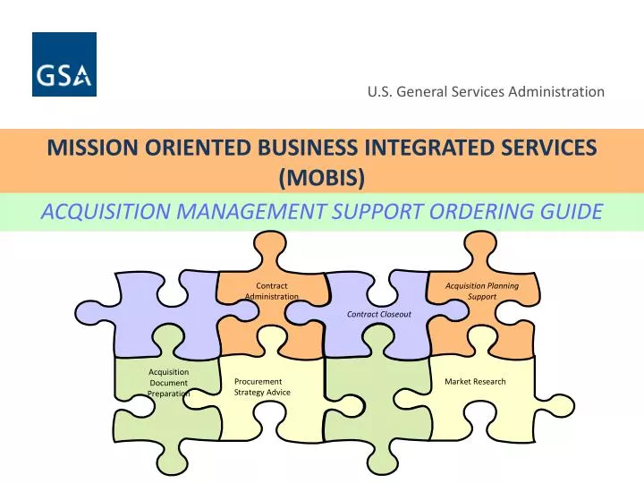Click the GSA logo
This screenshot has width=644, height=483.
tap(64, 64)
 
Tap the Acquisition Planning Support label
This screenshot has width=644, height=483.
tap(482, 291)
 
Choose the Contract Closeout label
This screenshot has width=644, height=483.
tap(379, 314)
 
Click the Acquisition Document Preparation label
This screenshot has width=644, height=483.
tap(168, 382)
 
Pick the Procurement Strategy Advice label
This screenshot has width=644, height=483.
tap(261, 386)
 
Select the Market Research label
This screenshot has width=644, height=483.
tap(475, 382)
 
